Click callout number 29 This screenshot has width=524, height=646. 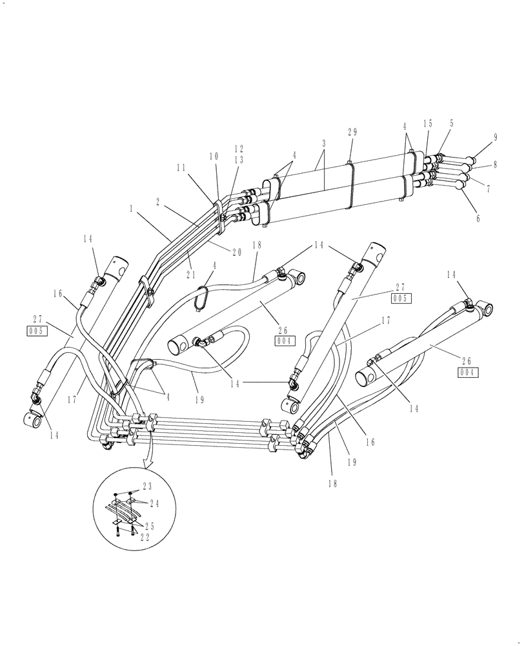pyautogui.click(x=352, y=132)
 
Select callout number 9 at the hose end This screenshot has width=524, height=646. pyautogui.click(x=495, y=138)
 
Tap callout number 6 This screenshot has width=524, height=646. pyautogui.click(x=478, y=219)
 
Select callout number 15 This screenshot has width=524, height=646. pyautogui.click(x=427, y=123)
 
